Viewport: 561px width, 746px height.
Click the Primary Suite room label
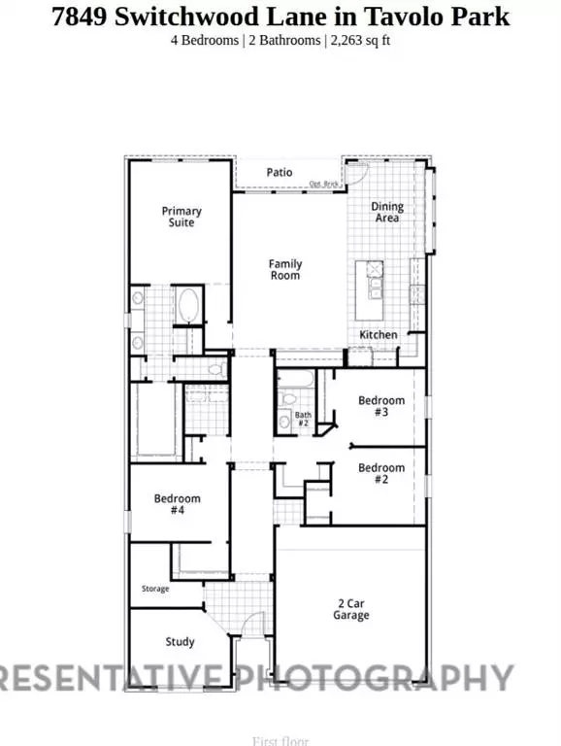coord(181,217)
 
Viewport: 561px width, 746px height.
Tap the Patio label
coord(280,172)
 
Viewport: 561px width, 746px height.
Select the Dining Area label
coord(386,212)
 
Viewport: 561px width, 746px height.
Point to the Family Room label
coord(285,269)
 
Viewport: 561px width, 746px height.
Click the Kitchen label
coord(379,334)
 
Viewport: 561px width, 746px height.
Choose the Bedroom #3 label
coord(380,405)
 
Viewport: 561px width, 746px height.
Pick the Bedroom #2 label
coord(380,473)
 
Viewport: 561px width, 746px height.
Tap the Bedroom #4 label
coord(177,504)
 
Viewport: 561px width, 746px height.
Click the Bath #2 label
coord(302,420)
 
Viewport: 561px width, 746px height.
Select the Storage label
coord(155,589)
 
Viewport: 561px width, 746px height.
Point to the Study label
coord(180,641)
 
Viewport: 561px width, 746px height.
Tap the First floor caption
coord(280,740)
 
